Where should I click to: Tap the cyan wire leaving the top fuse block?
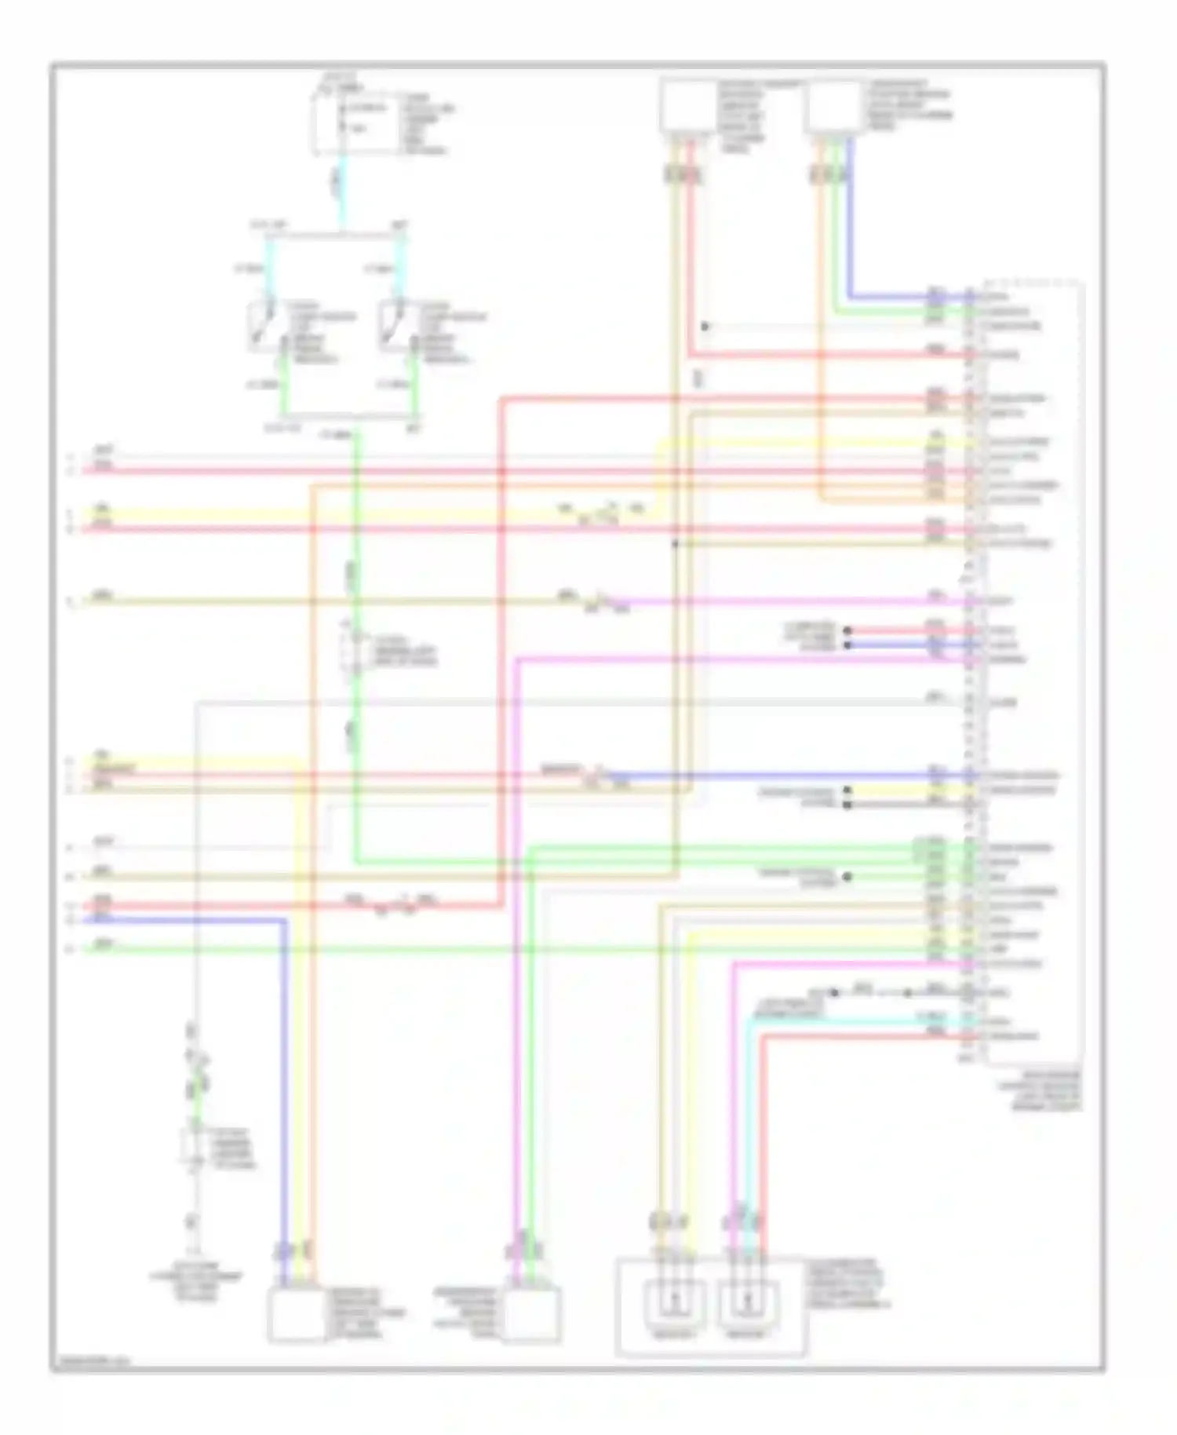point(341,188)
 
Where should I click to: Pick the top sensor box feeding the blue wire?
point(834,106)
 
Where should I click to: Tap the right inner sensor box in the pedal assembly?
point(746,1303)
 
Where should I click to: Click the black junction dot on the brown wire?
point(674,543)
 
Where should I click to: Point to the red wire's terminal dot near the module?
point(847,630)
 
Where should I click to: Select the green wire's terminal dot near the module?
point(847,877)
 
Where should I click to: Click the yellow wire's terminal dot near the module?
point(847,791)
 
